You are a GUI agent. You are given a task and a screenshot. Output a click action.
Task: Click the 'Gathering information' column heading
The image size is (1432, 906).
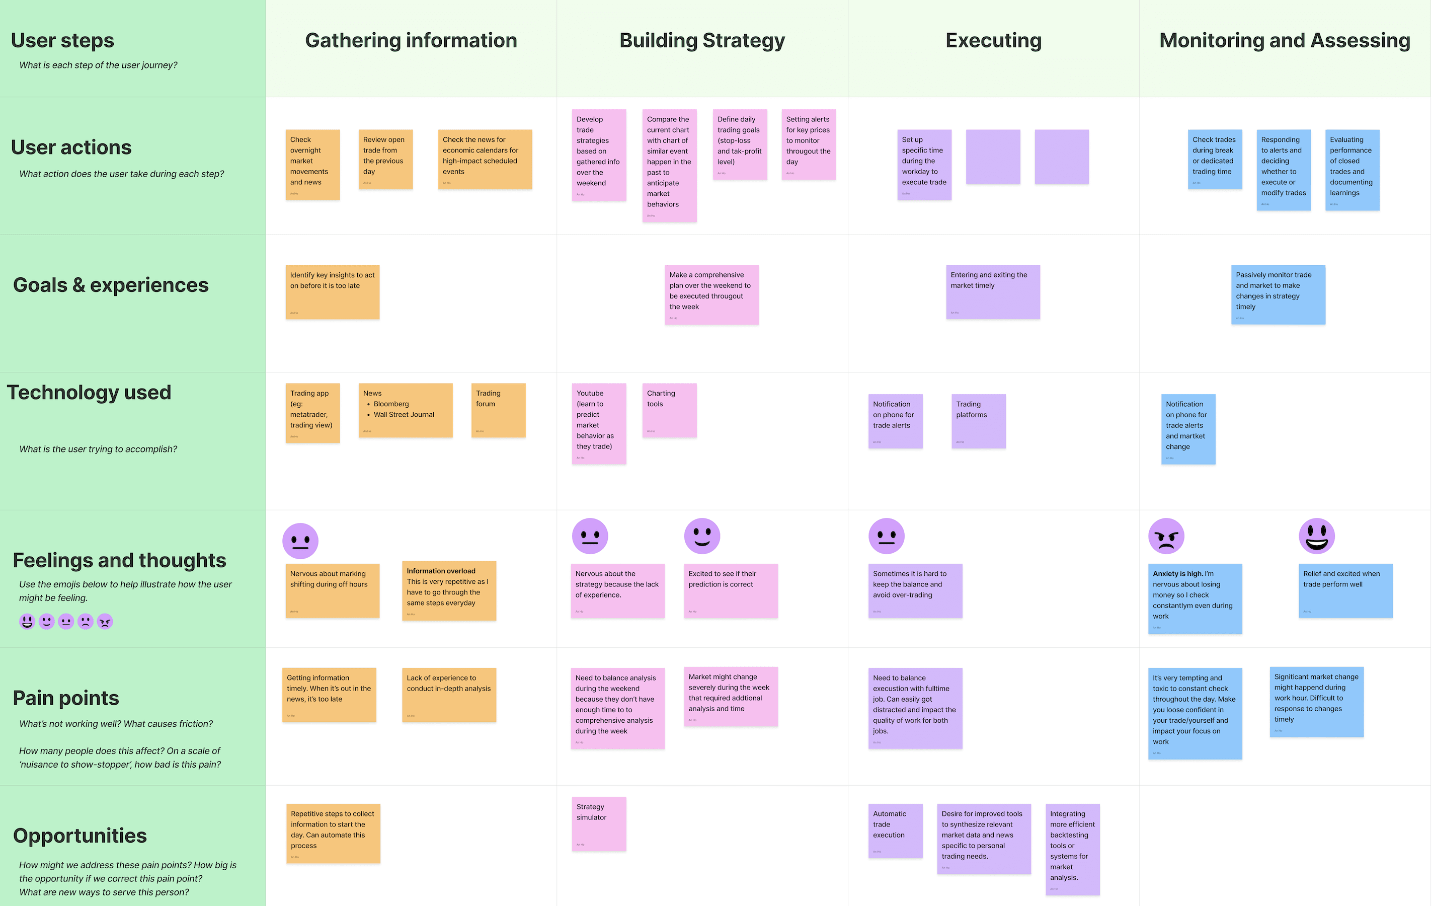point(411,40)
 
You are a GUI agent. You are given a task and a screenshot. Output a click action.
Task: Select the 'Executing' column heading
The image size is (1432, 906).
point(993,40)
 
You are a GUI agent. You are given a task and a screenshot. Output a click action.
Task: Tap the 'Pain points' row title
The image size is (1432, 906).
point(66,698)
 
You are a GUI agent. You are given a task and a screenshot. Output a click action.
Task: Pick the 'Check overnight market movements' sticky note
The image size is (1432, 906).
point(312,164)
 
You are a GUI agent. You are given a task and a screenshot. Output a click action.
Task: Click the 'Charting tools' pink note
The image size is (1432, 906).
point(669,410)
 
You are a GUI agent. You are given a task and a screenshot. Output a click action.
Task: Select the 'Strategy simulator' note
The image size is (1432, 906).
point(598,823)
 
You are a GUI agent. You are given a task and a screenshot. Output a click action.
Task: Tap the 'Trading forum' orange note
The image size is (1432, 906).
point(498,410)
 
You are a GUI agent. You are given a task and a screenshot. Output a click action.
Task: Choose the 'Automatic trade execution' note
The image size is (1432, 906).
point(895,830)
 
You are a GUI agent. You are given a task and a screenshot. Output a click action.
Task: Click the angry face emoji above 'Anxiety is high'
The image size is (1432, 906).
point(1166,536)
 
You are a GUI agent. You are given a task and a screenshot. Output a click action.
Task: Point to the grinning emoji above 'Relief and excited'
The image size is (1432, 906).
point(1316,536)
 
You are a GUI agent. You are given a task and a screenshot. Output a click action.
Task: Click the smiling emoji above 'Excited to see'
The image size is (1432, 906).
point(702,536)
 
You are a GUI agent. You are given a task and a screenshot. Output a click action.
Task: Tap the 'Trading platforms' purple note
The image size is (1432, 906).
point(978,421)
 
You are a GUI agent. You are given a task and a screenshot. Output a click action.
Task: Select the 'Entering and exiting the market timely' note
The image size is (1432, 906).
point(993,291)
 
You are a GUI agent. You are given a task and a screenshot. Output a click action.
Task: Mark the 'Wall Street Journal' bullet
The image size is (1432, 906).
point(404,415)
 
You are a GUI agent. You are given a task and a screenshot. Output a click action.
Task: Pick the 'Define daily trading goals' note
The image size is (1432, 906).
point(739,144)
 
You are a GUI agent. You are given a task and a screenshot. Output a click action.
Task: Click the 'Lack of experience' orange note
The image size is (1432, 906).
point(448,694)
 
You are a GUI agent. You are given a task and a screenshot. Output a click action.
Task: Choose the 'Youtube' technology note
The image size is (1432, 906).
point(598,423)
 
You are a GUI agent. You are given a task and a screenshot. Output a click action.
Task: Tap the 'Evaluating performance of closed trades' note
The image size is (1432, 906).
point(1351,170)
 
